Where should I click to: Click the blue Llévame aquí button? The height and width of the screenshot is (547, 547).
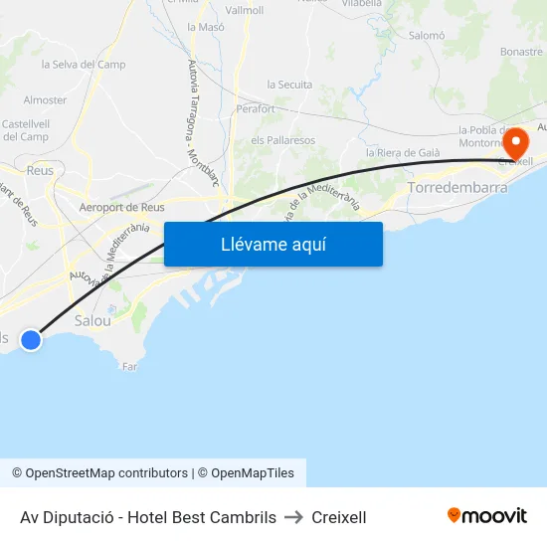273,244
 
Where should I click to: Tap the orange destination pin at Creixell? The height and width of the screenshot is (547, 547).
516,143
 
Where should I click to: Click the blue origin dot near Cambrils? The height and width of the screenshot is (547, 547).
31,340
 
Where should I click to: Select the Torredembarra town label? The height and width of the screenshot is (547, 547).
458,187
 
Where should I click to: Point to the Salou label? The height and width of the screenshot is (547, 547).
92,321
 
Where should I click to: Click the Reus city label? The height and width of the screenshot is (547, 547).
41,170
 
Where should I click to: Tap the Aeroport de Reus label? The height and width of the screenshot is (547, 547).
121,208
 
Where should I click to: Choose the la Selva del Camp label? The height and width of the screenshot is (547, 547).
84,65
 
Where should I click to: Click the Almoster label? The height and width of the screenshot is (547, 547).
45,99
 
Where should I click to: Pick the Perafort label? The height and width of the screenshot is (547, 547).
257,109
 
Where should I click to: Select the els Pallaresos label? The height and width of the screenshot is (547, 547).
282,140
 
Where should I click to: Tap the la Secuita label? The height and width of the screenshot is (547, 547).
289,85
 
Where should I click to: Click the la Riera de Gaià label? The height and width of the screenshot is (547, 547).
403,152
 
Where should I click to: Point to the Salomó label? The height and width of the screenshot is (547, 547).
427,35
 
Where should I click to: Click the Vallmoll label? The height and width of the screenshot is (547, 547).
245,10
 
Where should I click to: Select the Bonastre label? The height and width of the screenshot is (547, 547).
522,51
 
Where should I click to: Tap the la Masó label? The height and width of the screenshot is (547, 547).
205,27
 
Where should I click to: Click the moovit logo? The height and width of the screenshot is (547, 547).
486,516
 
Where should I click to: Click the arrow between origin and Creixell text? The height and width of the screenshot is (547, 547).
293,517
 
